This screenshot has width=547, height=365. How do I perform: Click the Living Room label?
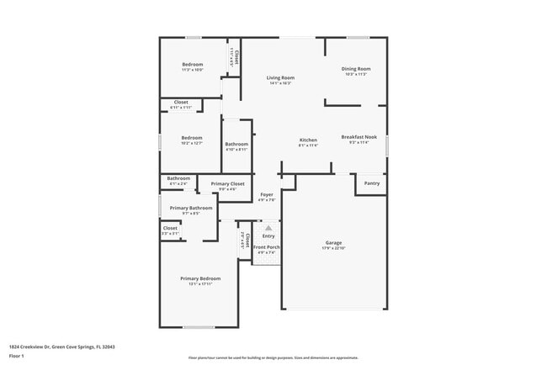point(280,77)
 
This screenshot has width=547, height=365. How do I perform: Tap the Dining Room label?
point(356,68)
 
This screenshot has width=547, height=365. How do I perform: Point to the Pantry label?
point(371,182)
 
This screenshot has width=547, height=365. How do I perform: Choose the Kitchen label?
point(309,140)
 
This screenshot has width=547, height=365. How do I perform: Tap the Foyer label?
point(267,194)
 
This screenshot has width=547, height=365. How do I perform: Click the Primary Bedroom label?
point(200,278)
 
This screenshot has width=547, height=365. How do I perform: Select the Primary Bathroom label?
point(191,208)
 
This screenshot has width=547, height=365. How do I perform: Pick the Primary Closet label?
point(227,183)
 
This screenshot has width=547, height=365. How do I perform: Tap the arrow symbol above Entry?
point(268,227)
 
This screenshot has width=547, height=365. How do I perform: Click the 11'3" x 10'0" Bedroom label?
point(193,65)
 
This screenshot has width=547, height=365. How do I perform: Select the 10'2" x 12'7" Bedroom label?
point(192,137)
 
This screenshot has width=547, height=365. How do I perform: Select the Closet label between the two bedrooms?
point(181,103)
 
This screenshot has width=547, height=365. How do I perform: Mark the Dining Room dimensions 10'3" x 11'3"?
point(356,74)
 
